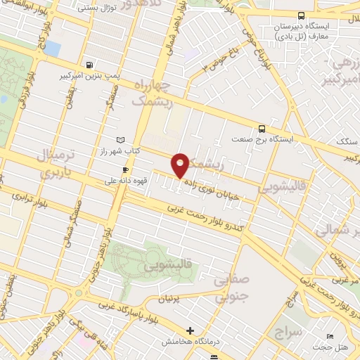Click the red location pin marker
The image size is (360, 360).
181,165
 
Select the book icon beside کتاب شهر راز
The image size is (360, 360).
120,141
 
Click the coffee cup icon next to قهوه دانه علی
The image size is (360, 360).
125,169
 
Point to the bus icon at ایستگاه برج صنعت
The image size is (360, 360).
262,129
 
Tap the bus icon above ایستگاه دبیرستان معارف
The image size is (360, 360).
301,15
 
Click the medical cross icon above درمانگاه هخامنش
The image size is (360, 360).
189,330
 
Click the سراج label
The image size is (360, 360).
288,330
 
